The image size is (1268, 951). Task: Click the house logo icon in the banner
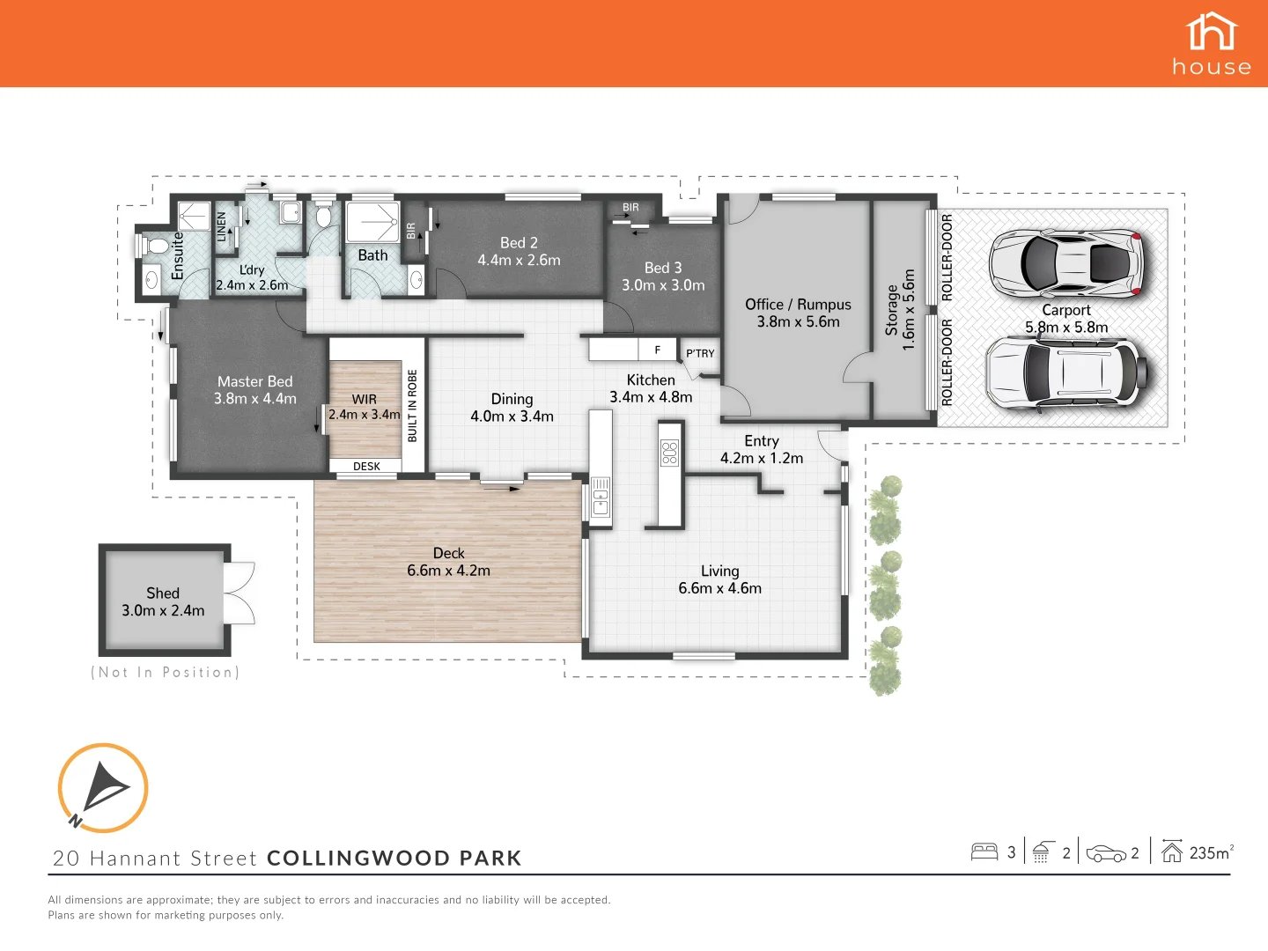coord(1212,33)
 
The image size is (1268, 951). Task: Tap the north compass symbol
coord(103,787)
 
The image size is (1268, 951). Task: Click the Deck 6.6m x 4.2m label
coord(448,562)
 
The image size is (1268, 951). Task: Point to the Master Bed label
coord(255,390)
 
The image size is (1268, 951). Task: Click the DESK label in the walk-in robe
coord(366,467)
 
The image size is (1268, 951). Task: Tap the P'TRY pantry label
coord(700,353)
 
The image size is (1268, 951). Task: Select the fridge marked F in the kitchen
coord(657,350)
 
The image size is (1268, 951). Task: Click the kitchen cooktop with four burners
coord(670,453)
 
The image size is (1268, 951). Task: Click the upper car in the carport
coord(1066,262)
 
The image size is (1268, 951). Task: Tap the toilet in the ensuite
coord(155,246)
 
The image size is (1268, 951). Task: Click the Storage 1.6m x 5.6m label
coord(900,310)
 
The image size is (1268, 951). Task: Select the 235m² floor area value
coord(1211,852)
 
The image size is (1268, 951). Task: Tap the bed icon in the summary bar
coord(984,851)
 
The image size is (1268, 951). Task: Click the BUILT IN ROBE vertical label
coord(412,405)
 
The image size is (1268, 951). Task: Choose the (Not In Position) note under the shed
coord(165,672)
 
